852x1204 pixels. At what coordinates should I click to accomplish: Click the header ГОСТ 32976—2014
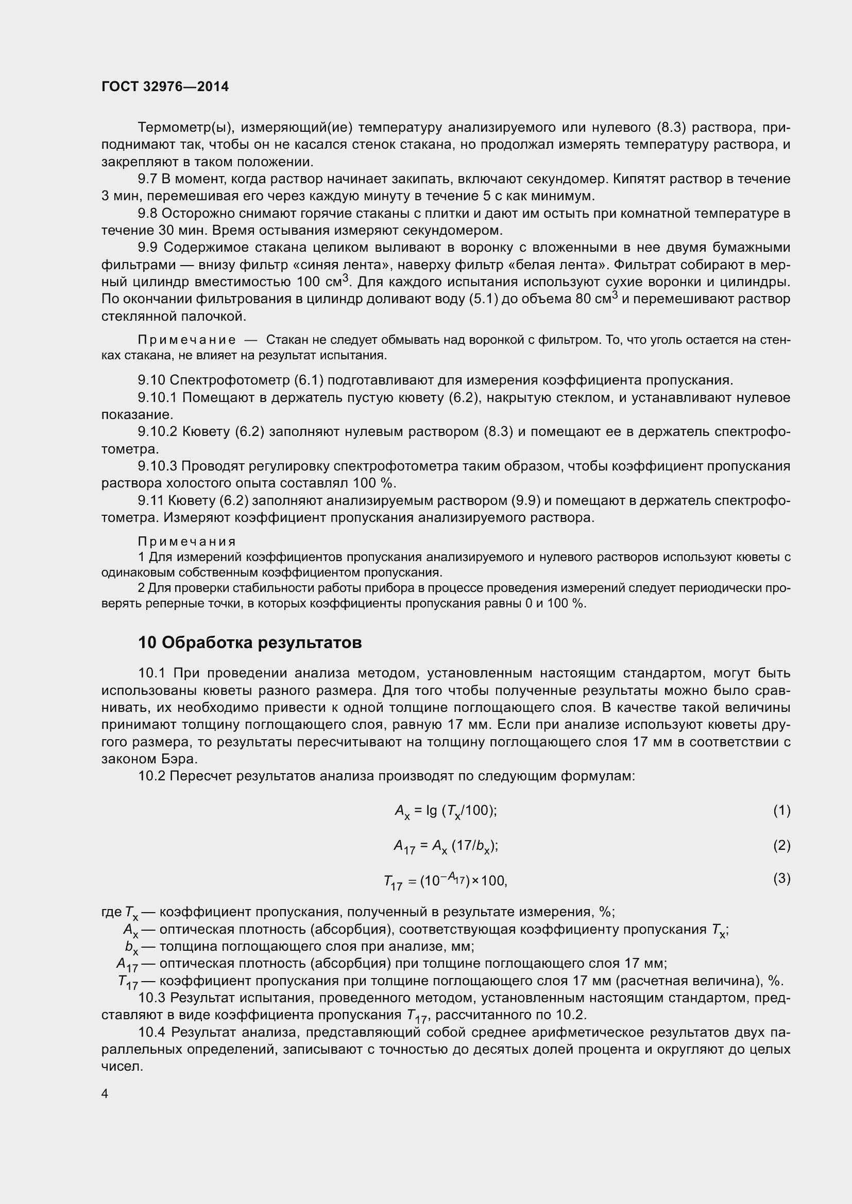(165, 86)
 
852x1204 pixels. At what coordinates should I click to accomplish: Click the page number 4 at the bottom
(105, 1093)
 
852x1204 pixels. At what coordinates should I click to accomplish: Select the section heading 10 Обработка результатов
(250, 642)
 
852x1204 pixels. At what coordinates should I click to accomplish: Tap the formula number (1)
(781, 810)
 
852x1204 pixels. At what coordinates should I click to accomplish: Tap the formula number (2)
(781, 845)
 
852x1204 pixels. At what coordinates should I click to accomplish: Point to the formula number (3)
(781, 878)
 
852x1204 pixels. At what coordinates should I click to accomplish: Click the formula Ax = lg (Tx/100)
(446, 811)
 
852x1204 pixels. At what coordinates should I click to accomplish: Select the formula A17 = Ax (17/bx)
(446, 846)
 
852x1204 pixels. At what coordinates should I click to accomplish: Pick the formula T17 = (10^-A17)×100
(446, 881)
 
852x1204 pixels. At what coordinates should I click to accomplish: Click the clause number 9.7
(147, 179)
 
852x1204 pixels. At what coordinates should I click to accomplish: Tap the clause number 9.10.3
(158, 466)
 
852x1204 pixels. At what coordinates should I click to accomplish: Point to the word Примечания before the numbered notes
(187, 540)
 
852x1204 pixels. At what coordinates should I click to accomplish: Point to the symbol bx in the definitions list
(131, 947)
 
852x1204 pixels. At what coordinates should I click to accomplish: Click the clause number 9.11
(150, 500)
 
